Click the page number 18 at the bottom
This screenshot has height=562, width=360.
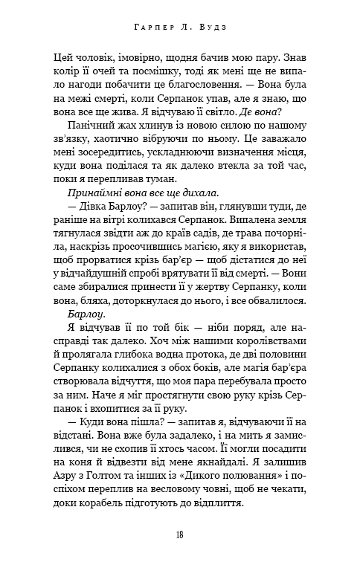coord(179,534)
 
